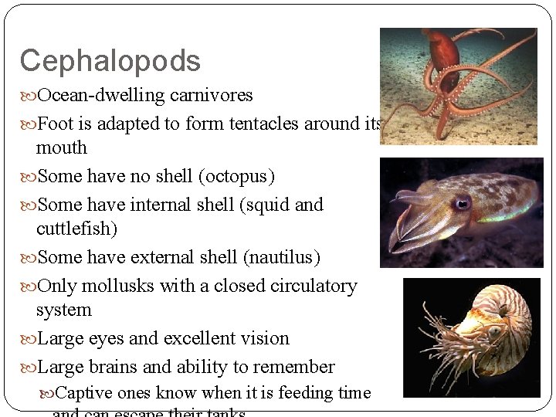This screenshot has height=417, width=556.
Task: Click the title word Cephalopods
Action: click(x=110, y=61)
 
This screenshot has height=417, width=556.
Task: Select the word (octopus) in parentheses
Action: click(x=236, y=176)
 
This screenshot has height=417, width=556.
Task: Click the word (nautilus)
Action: click(x=281, y=257)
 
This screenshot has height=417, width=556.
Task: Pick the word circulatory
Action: click(x=313, y=286)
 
